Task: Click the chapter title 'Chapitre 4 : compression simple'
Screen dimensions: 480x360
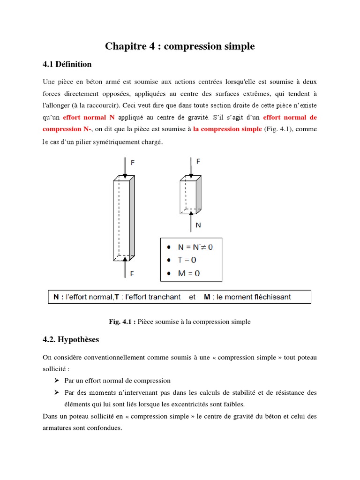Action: (180, 46)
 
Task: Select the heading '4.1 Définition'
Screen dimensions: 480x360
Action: (67, 64)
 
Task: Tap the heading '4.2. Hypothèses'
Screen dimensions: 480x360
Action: (71, 339)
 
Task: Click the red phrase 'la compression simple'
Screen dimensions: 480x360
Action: (227, 129)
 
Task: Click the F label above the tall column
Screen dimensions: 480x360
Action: (133, 163)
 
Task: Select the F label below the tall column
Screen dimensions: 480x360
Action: (133, 274)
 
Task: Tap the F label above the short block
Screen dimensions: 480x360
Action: (198, 161)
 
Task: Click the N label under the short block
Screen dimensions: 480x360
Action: (198, 225)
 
